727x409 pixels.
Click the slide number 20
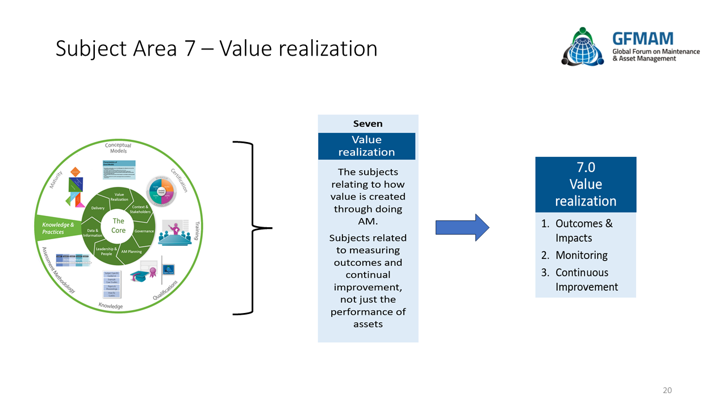tap(667, 390)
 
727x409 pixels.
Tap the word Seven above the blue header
tap(367, 123)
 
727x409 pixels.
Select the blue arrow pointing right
tap(462, 228)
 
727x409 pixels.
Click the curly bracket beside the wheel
tap(252, 228)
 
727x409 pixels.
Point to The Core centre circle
tap(118, 226)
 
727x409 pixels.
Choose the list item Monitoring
tap(581, 255)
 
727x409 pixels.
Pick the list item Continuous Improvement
tap(587, 279)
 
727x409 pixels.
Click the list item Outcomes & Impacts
tap(583, 231)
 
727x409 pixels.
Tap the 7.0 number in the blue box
tap(586, 168)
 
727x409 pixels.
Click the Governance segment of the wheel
tap(144, 231)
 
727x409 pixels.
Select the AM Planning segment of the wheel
tap(132, 251)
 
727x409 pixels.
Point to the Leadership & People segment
tap(106, 251)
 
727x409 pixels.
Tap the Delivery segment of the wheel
tap(97, 208)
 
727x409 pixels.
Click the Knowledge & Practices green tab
tap(57, 228)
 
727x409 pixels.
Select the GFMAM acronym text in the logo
tap(642, 39)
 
